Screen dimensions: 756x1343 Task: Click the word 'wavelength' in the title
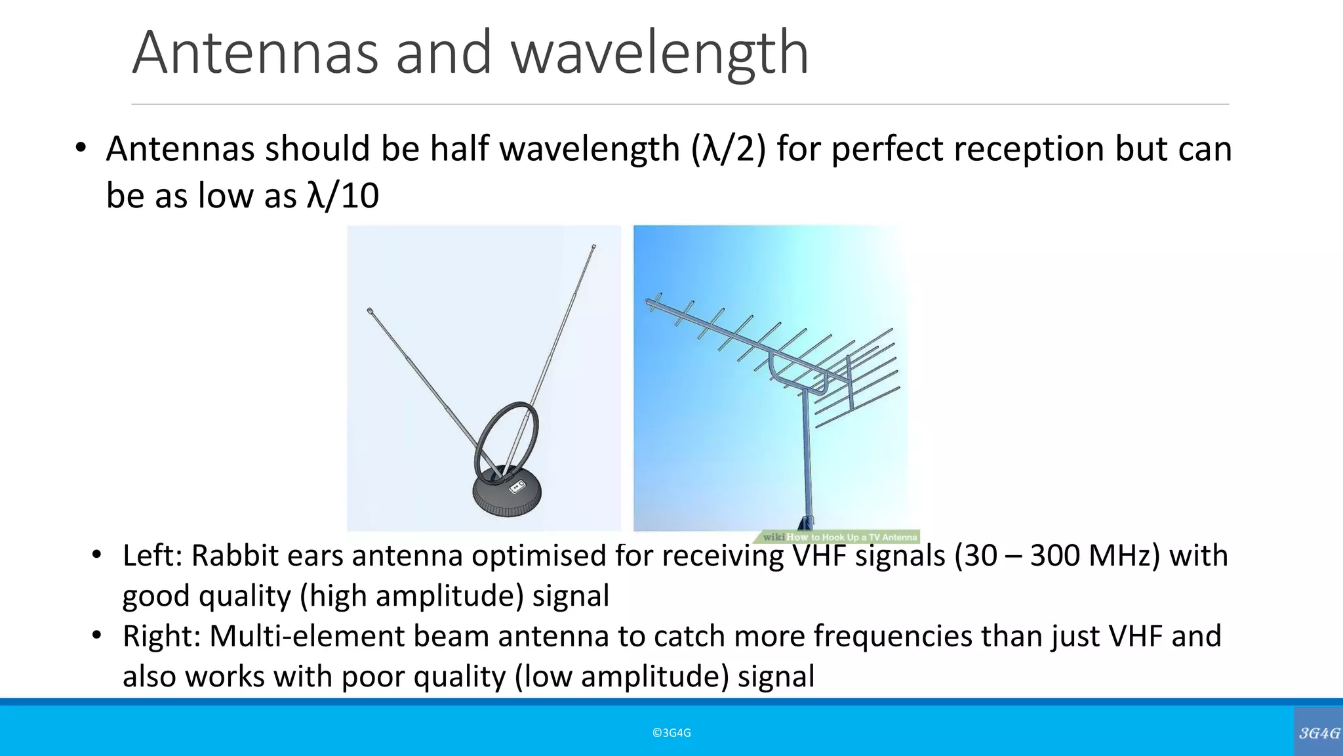click(x=659, y=54)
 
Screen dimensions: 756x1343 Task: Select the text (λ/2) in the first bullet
click(x=728, y=149)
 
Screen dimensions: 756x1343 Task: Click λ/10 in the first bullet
click(x=342, y=196)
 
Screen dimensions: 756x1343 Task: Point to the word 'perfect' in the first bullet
click(x=888, y=149)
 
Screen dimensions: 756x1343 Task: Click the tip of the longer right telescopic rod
click(x=593, y=247)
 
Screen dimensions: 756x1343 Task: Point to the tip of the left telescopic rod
click(x=370, y=310)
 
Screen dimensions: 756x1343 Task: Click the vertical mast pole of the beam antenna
click(x=807, y=459)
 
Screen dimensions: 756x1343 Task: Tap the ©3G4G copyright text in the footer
click(x=671, y=733)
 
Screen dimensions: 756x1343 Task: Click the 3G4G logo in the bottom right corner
click(x=1319, y=733)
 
